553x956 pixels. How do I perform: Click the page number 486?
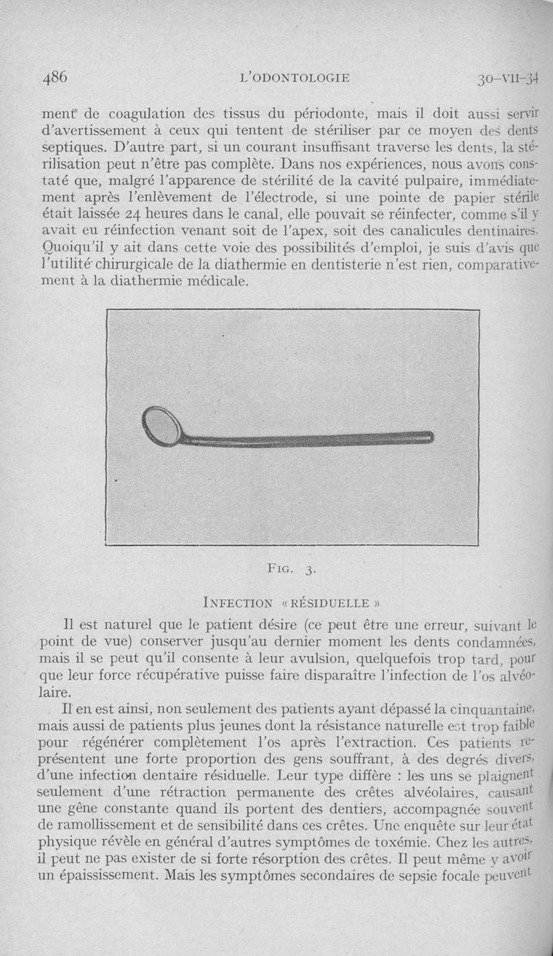tap(55, 77)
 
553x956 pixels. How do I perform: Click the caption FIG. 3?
tap(290, 570)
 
